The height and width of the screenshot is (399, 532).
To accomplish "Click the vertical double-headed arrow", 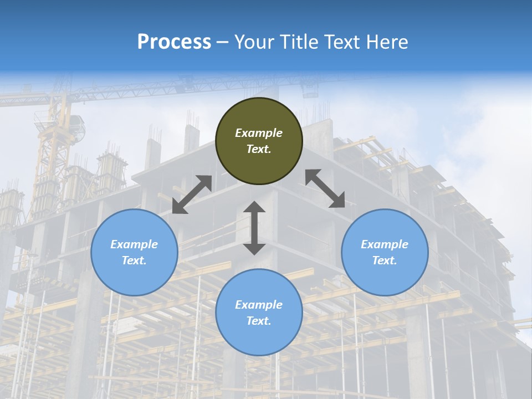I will click(254, 228).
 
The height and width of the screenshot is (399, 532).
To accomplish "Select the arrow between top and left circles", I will click(192, 195).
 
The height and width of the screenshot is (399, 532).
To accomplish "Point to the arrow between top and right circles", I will click(325, 188).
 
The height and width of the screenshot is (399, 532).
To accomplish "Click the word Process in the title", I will click(174, 42).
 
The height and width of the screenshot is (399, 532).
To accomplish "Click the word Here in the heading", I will click(387, 42).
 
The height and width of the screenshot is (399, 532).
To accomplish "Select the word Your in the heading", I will click(252, 42).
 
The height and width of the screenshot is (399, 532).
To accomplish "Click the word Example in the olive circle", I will click(259, 133).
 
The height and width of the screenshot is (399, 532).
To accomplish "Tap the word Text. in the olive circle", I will click(259, 149).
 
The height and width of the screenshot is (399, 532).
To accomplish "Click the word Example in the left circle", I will click(134, 244).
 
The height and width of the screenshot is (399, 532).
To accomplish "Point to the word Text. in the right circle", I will click(385, 260).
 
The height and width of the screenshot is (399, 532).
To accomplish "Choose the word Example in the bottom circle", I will click(259, 305).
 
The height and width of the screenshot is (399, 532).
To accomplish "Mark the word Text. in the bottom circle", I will click(259, 321).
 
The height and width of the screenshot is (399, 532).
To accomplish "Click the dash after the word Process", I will click(222, 42).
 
